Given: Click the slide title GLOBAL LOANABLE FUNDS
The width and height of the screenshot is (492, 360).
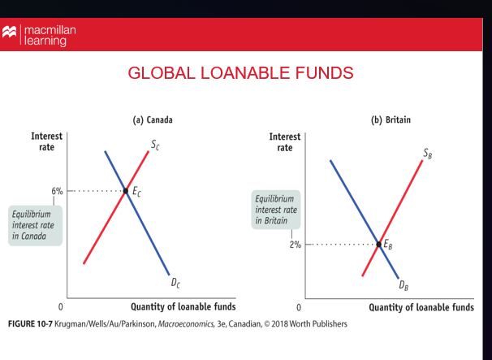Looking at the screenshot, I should coord(240,74).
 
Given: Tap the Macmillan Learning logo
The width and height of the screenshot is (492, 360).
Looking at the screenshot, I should coord(41,35).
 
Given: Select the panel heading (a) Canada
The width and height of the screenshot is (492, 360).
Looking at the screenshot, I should coord(153,120).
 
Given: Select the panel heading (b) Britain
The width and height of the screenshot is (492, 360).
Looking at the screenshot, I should coord(391,120).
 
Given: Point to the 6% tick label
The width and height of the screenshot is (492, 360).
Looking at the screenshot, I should coord(57,191).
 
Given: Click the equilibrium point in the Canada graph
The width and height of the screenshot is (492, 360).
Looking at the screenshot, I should coord(126,192).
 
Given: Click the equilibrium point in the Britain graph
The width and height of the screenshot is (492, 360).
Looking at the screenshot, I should coord(378,244).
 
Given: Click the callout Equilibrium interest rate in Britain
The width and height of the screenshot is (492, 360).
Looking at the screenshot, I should coord(276,210).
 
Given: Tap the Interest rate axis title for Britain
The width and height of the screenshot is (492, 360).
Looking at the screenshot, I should coord(284,141).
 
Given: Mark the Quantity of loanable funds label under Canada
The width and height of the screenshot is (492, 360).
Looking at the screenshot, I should coord(183,307).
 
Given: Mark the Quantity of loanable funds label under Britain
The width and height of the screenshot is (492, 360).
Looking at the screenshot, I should coord(421,307).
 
